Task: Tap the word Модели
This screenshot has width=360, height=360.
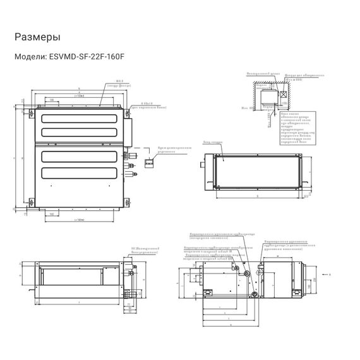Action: click(x=30, y=56)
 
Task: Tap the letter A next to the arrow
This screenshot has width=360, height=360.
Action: click(x=332, y=275)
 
